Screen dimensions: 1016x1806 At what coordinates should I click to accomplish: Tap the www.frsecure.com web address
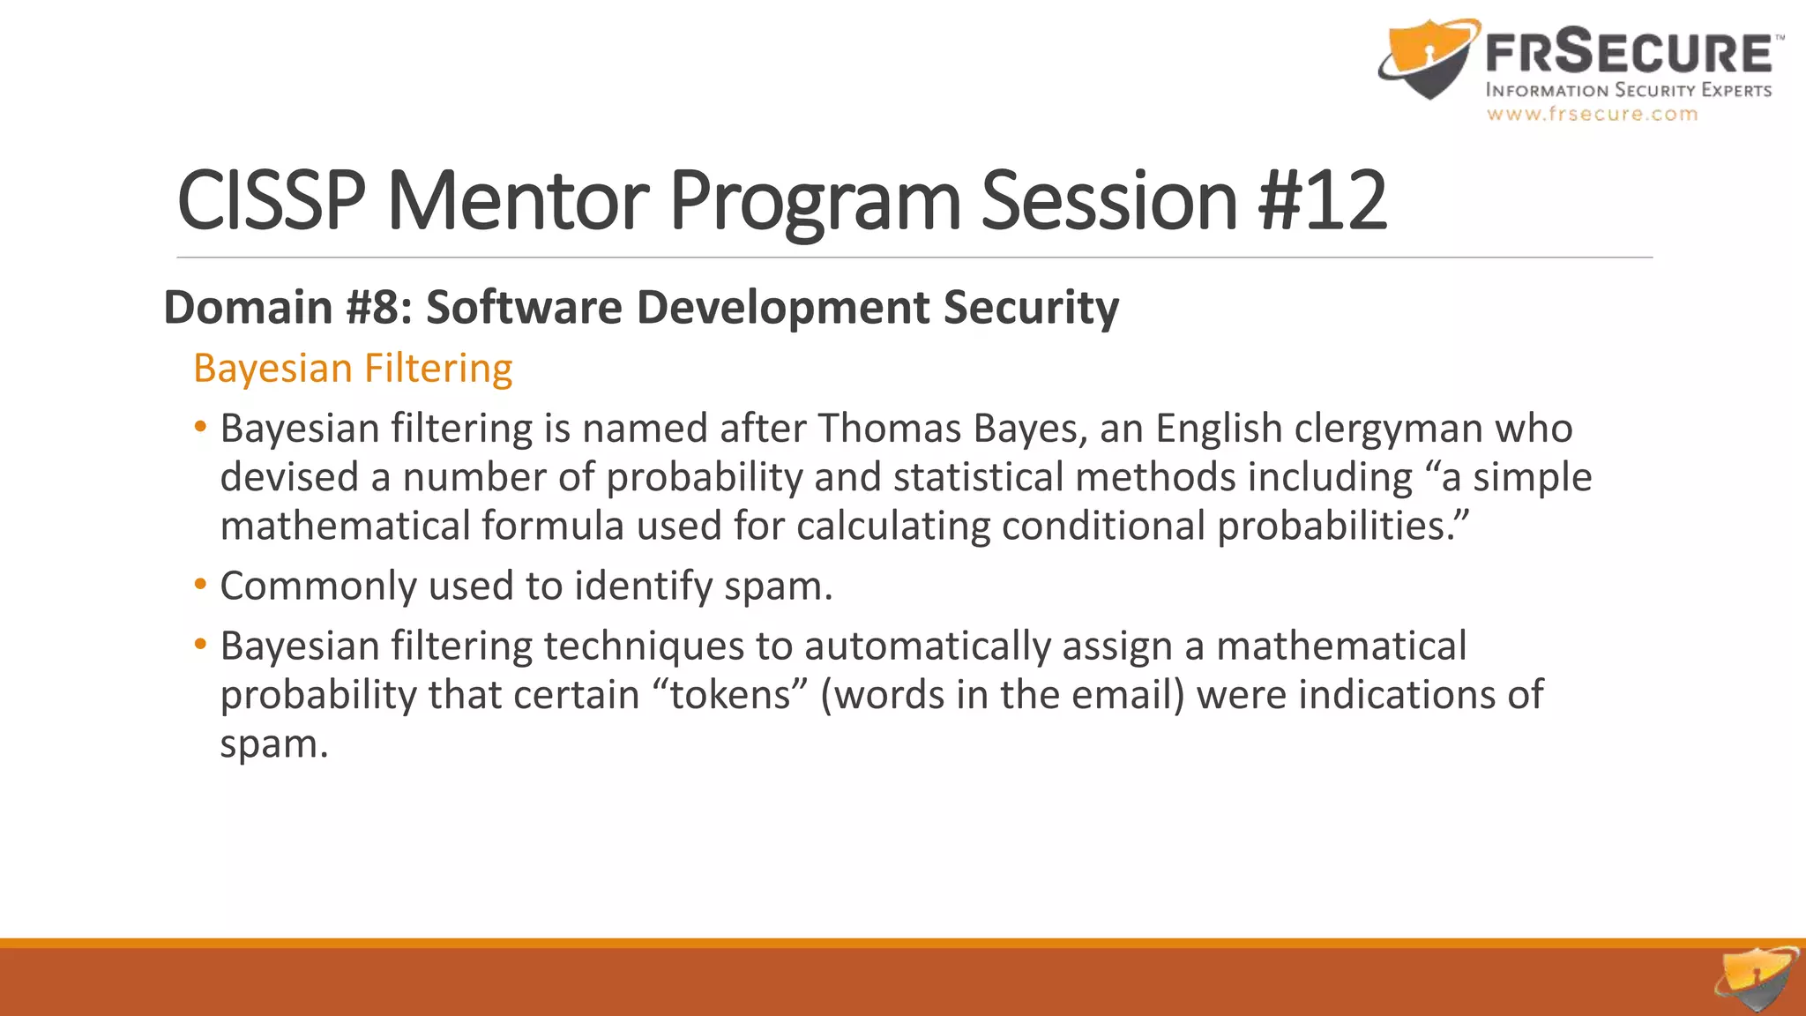1592,114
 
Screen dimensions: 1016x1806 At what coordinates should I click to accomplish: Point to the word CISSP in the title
271,201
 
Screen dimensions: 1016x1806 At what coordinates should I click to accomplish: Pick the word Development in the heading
782,307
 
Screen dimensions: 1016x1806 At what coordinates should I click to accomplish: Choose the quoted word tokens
730,695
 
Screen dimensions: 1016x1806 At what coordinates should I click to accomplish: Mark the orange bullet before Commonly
201,584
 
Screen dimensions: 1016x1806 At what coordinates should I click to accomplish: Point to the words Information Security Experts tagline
1628,90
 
